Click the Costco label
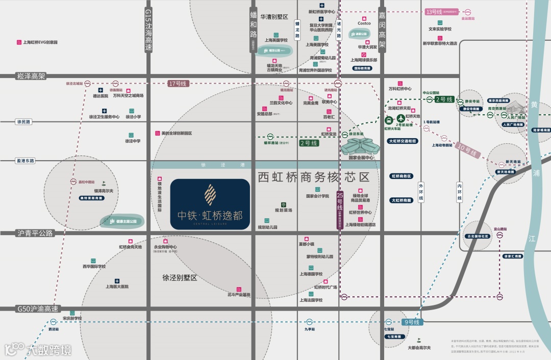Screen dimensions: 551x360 click(x=364, y=23)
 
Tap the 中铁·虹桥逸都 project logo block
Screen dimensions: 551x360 click(x=210, y=203)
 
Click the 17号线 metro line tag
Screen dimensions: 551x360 click(x=178, y=83)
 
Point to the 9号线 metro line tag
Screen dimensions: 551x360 click(x=411, y=322)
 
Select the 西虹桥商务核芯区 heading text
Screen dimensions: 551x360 click(x=313, y=177)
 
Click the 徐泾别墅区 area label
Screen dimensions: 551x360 click(x=180, y=278)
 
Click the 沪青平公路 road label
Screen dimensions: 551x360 click(x=35, y=233)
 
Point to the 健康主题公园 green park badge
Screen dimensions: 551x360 click(x=122, y=221)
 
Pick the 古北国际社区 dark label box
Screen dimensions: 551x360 click(x=478, y=237)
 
